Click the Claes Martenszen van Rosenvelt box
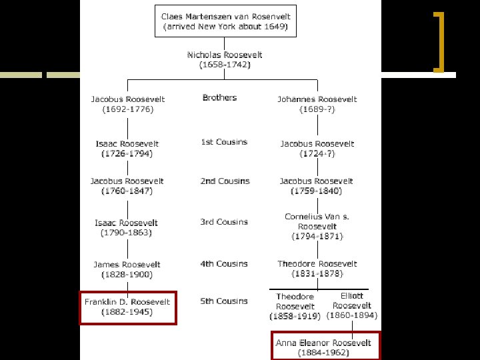click(225, 21)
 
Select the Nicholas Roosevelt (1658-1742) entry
click(225, 59)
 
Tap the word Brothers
click(219, 98)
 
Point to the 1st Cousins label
click(223, 142)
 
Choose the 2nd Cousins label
click(225, 181)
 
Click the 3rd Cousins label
click(223, 222)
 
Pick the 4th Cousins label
click(223, 264)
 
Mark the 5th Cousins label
click(223, 301)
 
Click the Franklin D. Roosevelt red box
click(127, 307)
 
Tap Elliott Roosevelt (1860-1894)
click(351, 305)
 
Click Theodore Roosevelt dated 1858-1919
click(295, 306)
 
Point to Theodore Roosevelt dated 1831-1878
click(317, 269)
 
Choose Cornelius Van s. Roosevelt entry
click(317, 226)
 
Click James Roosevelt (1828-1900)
click(127, 269)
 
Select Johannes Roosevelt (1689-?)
click(317, 104)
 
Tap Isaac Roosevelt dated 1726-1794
click(127, 149)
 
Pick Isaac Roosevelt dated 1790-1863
click(127, 228)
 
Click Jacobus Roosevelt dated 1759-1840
click(317, 186)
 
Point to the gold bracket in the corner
click(439, 41)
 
